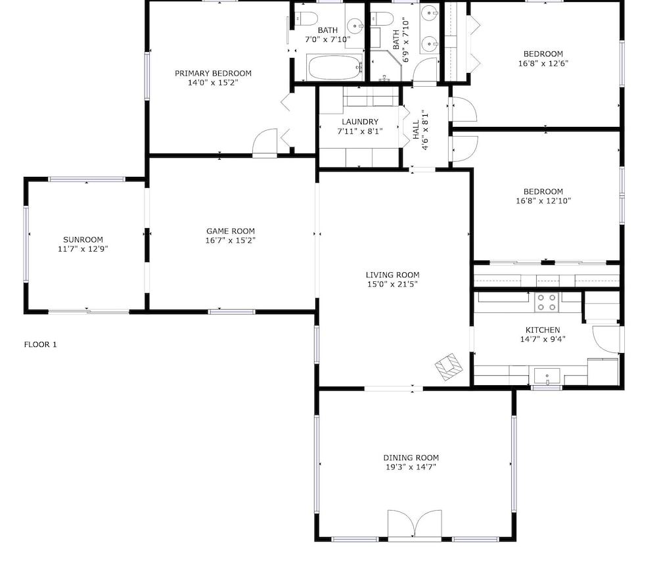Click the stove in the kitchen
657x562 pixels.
(547, 302)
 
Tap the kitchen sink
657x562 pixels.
(547, 375)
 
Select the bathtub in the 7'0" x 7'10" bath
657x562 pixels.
(335, 67)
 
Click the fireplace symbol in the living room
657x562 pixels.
(448, 367)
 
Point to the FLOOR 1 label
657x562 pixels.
(40, 344)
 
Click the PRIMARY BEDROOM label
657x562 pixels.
(214, 74)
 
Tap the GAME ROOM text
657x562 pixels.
(231, 231)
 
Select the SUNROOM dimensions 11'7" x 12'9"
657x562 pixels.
(83, 249)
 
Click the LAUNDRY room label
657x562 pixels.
(360, 122)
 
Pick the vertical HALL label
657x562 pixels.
(416, 130)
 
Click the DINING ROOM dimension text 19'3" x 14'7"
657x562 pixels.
(411, 467)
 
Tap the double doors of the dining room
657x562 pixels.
(415, 523)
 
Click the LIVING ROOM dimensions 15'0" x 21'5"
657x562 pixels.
(393, 284)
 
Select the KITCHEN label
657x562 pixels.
(543, 330)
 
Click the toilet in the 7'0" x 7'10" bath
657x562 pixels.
(305, 18)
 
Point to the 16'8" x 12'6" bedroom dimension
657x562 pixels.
(543, 63)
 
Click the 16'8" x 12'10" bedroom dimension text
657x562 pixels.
(543, 200)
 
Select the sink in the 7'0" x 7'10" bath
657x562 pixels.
(355, 26)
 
